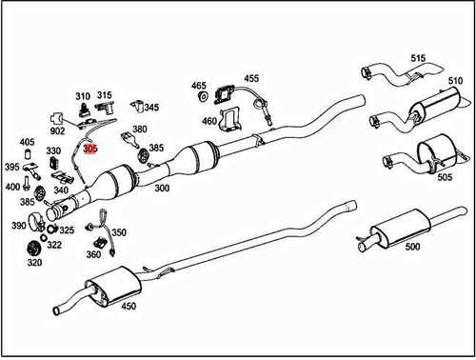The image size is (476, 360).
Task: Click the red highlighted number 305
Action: click(x=90, y=149)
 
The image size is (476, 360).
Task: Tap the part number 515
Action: click(x=417, y=58)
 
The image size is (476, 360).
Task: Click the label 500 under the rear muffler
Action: click(x=411, y=247)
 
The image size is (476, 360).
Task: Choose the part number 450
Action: click(x=129, y=306)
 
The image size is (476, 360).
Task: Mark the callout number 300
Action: click(x=162, y=190)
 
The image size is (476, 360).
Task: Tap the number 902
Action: click(x=58, y=131)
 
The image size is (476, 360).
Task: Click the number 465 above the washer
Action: click(x=199, y=86)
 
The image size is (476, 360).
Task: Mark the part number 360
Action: click(x=93, y=254)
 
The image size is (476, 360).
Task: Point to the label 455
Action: click(x=250, y=79)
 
